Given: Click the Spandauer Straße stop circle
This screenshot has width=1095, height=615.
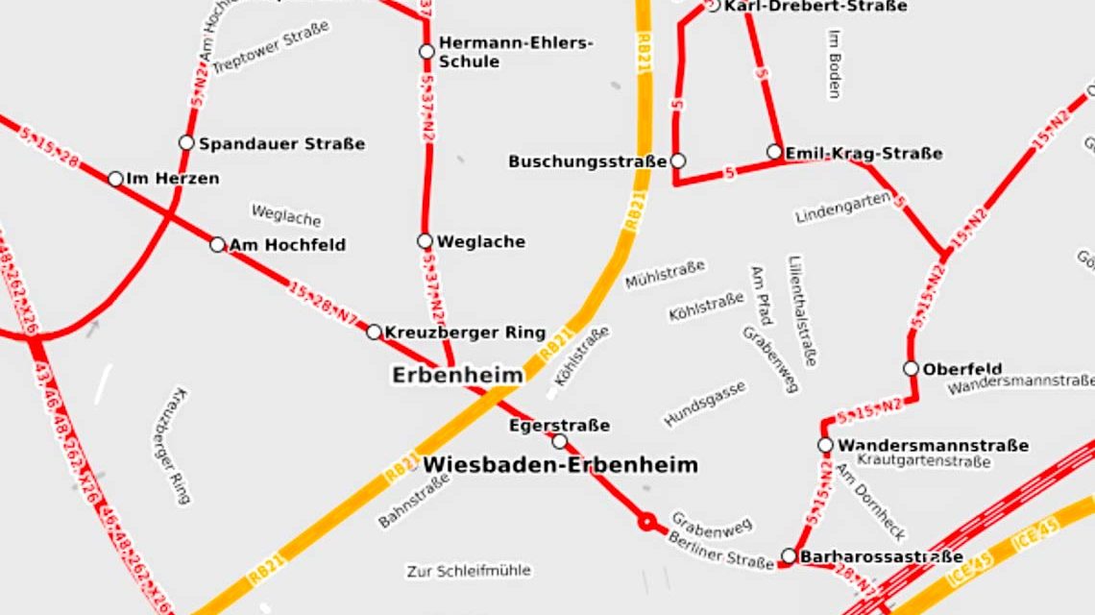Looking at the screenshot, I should [186, 143].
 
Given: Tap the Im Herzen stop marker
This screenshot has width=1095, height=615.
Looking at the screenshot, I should [115, 179].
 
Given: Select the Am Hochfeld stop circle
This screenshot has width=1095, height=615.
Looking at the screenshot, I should [218, 245].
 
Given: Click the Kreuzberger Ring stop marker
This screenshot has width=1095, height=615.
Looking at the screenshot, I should [374, 332].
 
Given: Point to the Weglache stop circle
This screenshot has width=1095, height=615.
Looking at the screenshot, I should [426, 241].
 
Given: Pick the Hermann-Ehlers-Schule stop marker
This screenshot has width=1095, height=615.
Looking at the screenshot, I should [426, 51].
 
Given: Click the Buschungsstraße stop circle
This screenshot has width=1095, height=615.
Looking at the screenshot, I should [678, 160].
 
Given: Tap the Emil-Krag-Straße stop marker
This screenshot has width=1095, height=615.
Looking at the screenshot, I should [774, 152].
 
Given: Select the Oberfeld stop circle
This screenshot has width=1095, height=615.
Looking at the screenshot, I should [911, 368].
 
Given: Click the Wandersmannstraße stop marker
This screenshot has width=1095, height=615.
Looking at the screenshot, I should [825, 445].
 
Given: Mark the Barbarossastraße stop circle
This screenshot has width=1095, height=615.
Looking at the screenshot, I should [789, 555].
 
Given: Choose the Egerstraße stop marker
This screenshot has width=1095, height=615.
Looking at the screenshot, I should [560, 441].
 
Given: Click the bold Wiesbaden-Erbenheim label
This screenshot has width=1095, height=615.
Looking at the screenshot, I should [560, 465].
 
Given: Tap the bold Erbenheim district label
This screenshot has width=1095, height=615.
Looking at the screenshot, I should [457, 375].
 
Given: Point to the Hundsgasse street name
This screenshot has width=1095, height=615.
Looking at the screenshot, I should [704, 404].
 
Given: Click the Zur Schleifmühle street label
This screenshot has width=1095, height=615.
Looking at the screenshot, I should [468, 571].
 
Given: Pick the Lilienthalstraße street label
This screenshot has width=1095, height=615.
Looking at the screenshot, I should [801, 310].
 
